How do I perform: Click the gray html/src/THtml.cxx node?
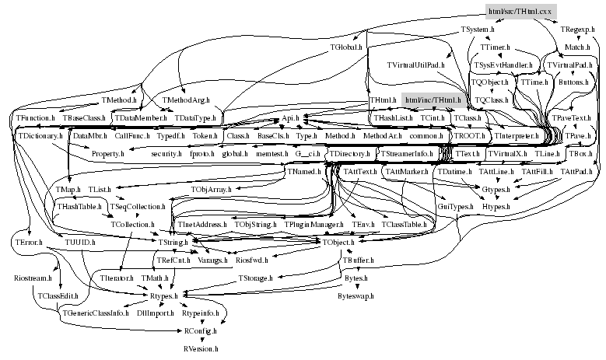(x=520, y=11)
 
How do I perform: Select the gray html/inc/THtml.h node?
(x=431, y=100)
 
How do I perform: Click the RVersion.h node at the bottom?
(x=201, y=349)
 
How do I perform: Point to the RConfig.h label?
(x=200, y=331)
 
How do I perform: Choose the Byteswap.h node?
(x=356, y=295)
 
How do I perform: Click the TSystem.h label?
(x=478, y=30)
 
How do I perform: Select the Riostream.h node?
(x=33, y=277)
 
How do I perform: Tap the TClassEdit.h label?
(x=54, y=295)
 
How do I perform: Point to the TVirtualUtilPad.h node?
(x=416, y=65)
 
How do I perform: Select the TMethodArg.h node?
(x=185, y=100)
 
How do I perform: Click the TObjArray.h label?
(x=209, y=189)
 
